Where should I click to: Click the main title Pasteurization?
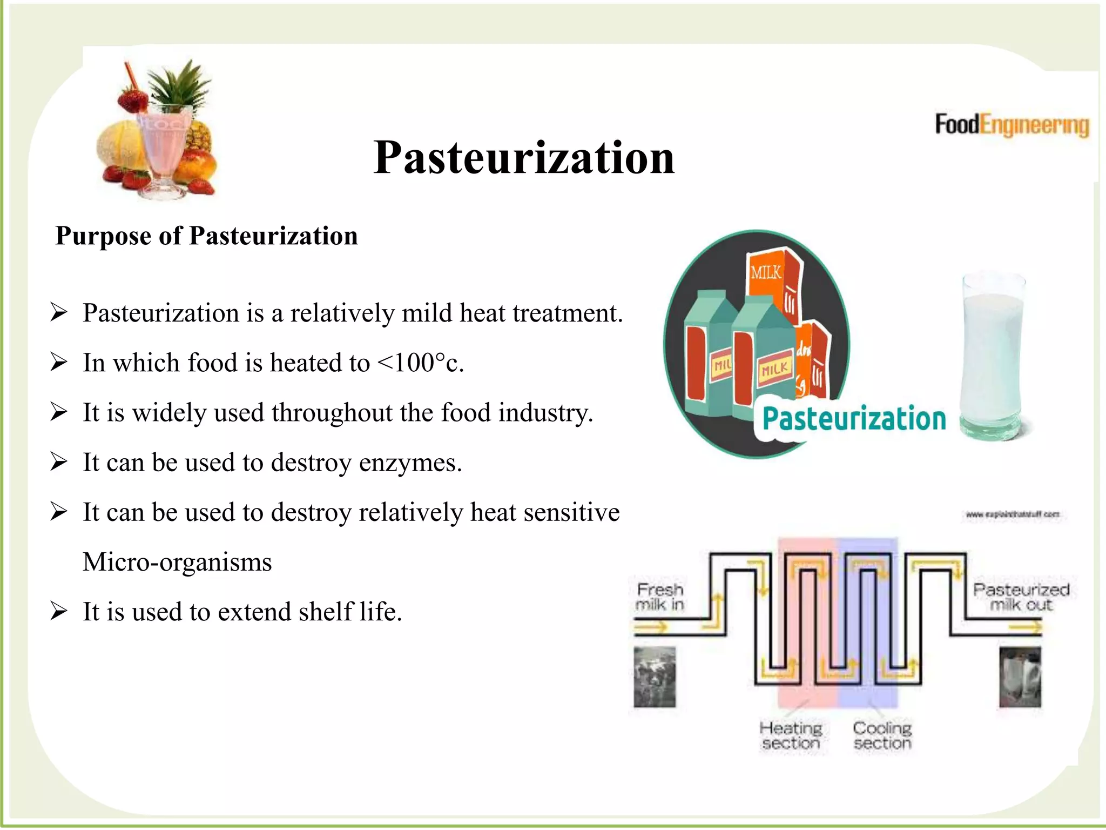pos(523,158)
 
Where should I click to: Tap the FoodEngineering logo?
pos(1011,125)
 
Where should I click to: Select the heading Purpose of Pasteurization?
pos(206,236)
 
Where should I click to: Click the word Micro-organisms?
pos(177,562)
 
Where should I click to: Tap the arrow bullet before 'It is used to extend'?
pos(58,612)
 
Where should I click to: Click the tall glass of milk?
pos(993,357)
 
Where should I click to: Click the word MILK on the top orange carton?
pos(765,272)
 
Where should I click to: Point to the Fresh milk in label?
pos(659,597)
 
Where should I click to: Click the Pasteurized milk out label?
pos(1021,597)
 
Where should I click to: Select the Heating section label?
pos(791,735)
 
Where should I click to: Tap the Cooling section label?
pos(882,735)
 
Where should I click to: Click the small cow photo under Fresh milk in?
pos(655,677)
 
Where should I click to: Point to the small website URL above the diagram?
pos(1012,514)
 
